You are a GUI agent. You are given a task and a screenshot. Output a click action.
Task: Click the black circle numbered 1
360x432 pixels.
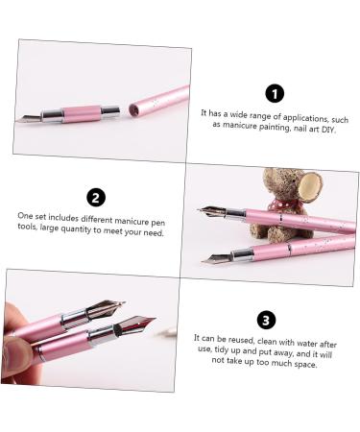click(275, 93)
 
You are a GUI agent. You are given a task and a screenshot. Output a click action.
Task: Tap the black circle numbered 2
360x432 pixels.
click(94, 199)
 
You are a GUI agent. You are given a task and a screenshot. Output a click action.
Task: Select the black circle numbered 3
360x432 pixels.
click(266, 320)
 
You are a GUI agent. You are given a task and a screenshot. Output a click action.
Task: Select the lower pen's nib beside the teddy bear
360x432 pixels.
click(215, 257)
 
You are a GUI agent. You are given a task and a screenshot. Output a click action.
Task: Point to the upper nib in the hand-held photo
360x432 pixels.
click(107, 309)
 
